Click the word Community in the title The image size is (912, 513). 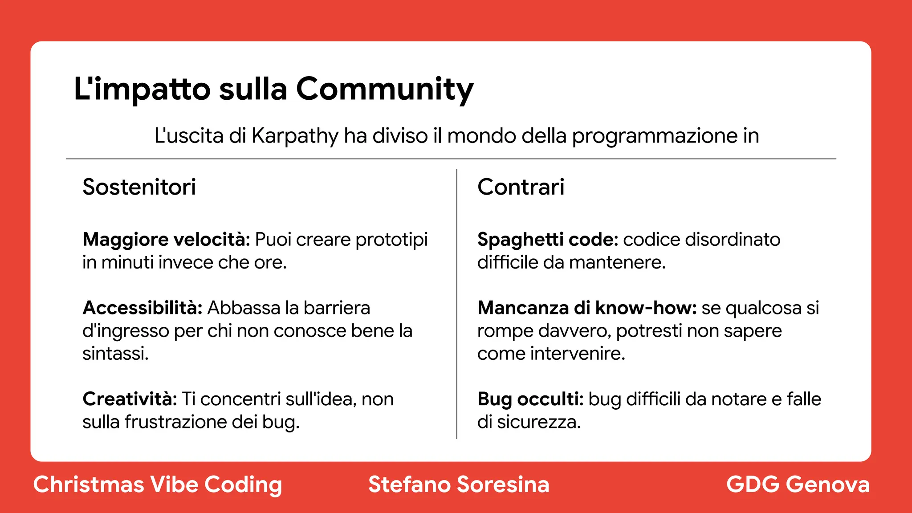[384, 89]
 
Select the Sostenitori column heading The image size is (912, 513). [139, 187]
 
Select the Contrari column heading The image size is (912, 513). [521, 187]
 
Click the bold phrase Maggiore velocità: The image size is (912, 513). [167, 240]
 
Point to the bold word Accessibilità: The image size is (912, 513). [142, 308]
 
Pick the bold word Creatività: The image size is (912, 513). [130, 399]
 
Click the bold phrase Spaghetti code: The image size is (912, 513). [548, 240]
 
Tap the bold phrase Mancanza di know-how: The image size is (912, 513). [587, 308]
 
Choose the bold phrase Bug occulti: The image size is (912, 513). [530, 399]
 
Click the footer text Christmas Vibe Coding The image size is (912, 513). [158, 484]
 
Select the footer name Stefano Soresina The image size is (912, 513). [459, 484]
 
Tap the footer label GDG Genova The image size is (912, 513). [798, 484]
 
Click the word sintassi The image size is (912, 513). [115, 354]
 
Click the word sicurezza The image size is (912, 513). [538, 422]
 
